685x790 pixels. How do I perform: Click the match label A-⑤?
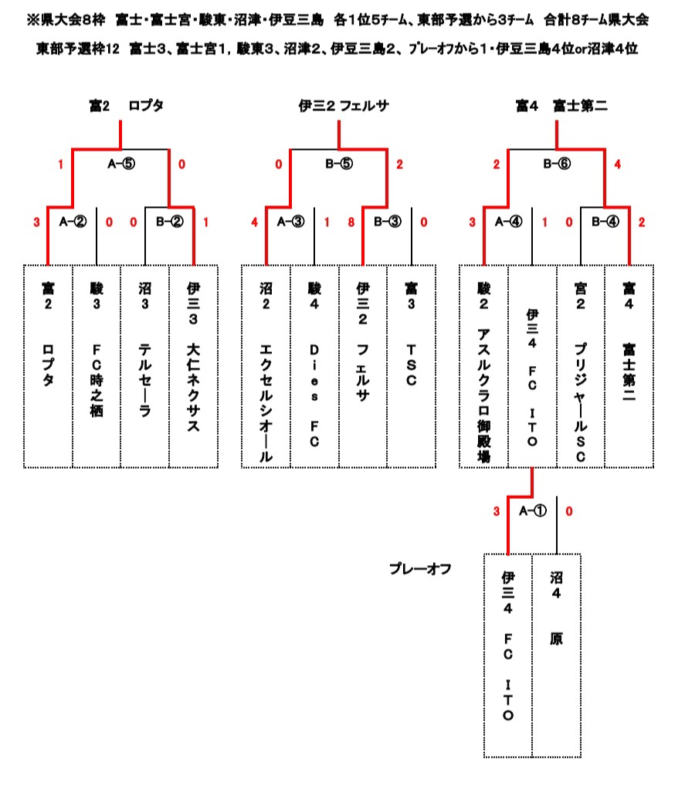click(x=120, y=164)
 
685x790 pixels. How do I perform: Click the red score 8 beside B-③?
click(x=352, y=222)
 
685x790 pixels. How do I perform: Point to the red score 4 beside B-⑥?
click(x=617, y=164)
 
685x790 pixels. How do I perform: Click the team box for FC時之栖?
click(x=97, y=366)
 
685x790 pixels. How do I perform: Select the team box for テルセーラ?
click(x=144, y=366)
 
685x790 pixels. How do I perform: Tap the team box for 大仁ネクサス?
click(x=193, y=366)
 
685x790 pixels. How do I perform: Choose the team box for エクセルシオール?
click(x=266, y=366)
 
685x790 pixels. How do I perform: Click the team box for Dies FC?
click(x=314, y=366)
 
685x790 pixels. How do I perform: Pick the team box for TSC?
click(x=411, y=366)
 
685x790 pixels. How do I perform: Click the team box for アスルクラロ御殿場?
click(x=483, y=366)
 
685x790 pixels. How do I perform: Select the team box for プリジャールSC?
click(x=581, y=366)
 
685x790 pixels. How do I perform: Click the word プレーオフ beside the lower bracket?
click(x=420, y=569)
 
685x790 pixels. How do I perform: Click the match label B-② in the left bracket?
click(x=169, y=222)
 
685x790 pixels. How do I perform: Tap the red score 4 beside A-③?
click(x=255, y=222)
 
